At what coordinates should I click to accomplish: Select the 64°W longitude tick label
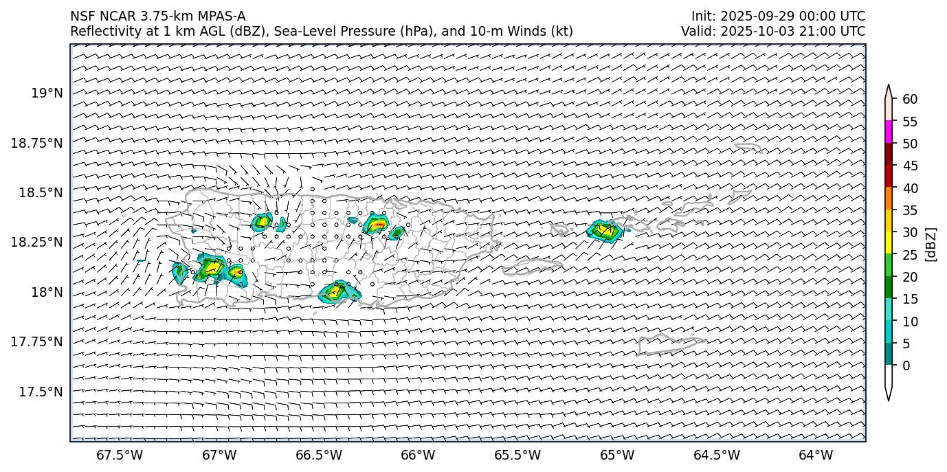816,455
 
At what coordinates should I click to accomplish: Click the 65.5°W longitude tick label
517,455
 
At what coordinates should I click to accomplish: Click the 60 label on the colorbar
910,99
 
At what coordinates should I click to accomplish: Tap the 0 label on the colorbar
906,366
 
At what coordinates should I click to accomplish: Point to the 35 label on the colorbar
910,210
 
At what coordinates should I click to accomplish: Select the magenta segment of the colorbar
889,132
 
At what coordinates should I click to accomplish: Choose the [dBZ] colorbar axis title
931,244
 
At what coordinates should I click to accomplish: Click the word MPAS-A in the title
221,16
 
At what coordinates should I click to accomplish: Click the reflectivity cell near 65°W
605,230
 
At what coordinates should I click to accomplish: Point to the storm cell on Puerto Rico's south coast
339,291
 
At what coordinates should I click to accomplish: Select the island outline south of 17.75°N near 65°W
669,344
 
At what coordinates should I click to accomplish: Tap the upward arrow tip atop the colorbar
889,87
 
